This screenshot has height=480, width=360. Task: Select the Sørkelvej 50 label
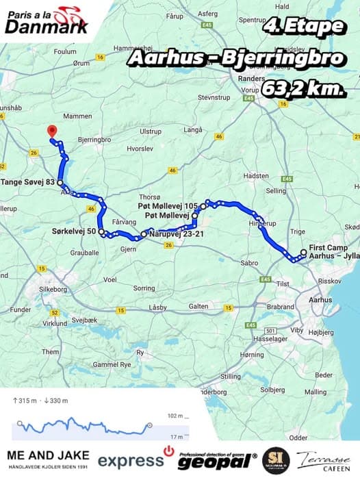pos(73,232)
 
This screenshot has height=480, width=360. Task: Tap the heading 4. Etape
pos(303,27)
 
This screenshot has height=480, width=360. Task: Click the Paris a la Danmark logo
pos(47,19)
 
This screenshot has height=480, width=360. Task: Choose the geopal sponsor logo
pos(217,460)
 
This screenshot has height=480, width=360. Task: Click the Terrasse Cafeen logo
pos(323,460)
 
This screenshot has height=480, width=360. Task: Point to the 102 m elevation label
pos(175,416)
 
